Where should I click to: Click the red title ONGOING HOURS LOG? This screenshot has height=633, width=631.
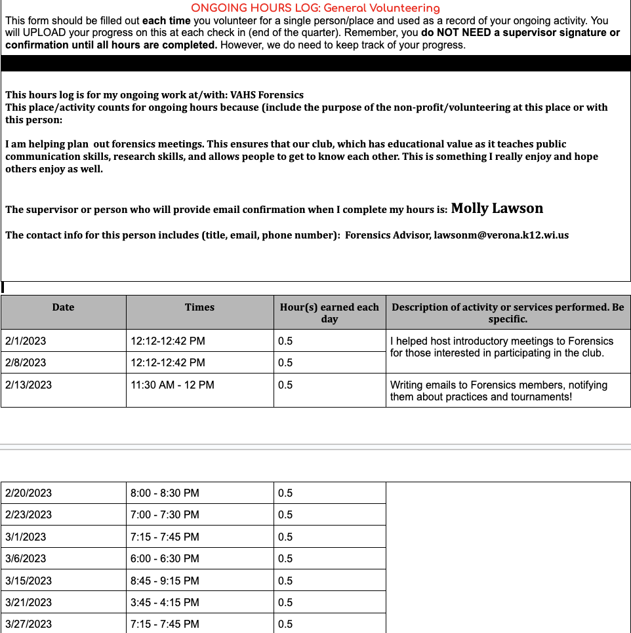coord(315,9)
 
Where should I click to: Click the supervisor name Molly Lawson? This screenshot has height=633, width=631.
coord(497,208)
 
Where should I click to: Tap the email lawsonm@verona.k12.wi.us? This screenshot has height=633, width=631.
coord(501,235)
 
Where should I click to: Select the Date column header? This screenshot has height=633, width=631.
coord(64,307)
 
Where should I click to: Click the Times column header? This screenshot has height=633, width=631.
coord(199,307)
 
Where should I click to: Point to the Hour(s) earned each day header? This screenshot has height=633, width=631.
coord(329,313)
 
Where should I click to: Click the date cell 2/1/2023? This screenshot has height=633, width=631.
coord(26,341)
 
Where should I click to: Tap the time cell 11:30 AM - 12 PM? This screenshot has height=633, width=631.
coord(173,385)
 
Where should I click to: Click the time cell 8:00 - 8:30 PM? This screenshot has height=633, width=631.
coord(165,493)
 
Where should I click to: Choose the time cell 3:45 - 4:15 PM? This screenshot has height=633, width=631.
coord(165,602)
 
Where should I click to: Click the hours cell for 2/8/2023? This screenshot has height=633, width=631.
coord(285,362)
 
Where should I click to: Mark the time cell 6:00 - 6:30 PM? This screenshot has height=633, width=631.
coord(165,558)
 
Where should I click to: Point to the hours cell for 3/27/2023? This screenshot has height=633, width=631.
coord(285,624)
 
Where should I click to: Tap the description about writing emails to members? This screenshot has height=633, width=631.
coord(499,391)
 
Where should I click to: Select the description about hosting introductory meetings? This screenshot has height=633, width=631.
coord(502,347)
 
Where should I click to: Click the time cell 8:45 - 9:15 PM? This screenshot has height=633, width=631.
coord(165,581)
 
